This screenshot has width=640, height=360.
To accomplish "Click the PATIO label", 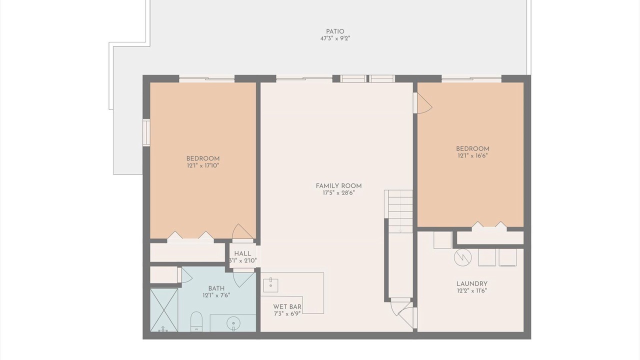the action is pos(335,31).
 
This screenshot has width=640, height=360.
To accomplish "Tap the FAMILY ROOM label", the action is pos(338,186).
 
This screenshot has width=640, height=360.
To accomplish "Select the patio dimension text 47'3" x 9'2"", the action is pos(335,38).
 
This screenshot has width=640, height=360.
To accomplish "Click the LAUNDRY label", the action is pos(471,283).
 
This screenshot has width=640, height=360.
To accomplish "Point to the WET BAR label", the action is pos(287,306).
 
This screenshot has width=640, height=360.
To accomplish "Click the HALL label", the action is pos(242,253).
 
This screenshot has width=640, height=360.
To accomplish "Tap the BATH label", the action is pos(216,288).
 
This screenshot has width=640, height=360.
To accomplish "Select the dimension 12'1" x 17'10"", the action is pos(203,165).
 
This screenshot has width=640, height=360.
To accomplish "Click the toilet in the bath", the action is pos(196,321).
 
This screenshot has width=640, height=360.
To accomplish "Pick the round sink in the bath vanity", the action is pos(233,323).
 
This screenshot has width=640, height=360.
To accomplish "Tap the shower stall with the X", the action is pos(164,310).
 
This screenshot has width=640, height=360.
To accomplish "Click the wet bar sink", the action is pos(270,285).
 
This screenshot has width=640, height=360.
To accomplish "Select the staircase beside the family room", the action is pos(399,211).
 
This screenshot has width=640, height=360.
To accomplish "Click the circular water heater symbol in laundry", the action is pos(462,257).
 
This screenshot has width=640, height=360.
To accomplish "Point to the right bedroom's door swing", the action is pos(423,103).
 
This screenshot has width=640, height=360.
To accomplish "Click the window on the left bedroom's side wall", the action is pos(146,132).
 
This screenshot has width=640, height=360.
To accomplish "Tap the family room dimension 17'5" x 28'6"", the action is pos(338,193).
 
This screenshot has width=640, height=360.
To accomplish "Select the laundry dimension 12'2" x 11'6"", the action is pos(471,291).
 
